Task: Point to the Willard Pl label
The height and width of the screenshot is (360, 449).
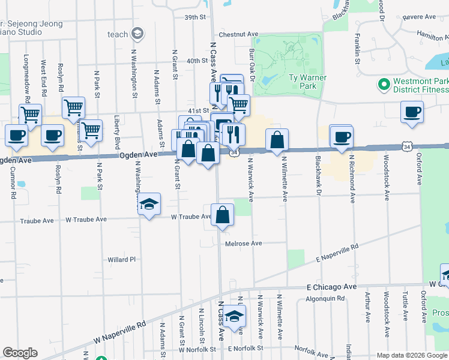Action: click(x=122, y=260)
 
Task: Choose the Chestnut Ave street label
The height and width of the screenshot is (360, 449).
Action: click(x=238, y=34)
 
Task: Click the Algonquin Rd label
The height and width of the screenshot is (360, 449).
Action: click(x=325, y=298)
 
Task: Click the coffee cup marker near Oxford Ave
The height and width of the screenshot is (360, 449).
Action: click(x=412, y=112)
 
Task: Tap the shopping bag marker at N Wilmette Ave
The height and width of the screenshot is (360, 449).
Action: click(x=277, y=140)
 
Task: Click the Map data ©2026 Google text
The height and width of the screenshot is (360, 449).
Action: click(x=412, y=355)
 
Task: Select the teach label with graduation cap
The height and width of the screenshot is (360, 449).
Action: click(x=125, y=34)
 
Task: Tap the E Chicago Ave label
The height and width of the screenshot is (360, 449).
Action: click(x=331, y=287)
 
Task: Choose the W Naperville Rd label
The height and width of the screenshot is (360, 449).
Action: click(x=120, y=332)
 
